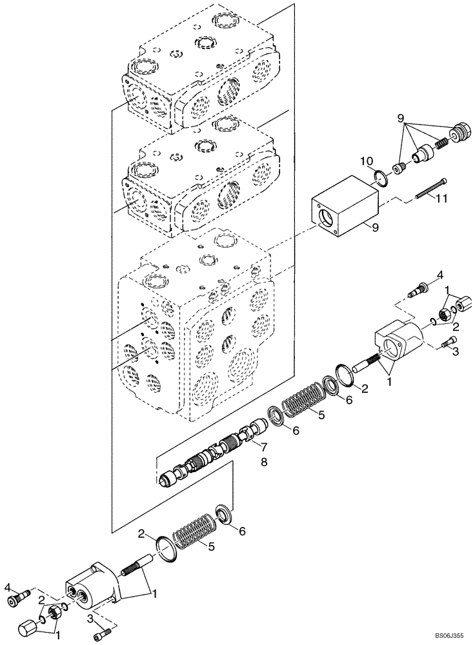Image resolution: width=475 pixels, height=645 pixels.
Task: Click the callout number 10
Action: click(x=365, y=161)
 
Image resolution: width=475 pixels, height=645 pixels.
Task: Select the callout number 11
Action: click(x=441, y=200)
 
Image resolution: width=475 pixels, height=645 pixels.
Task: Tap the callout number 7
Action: click(x=263, y=446)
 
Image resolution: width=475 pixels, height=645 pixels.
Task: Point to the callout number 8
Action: click(x=263, y=462)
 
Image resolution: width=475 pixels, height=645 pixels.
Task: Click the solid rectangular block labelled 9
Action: click(x=343, y=206)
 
